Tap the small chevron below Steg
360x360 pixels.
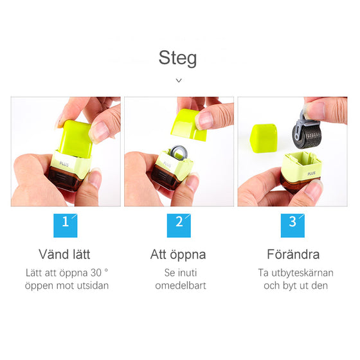pyautogui.click(x=179, y=80)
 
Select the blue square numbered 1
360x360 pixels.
pyautogui.click(x=65, y=222)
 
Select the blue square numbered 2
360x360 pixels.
pyautogui.click(x=179, y=222)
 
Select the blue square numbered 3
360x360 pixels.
pyautogui.click(x=292, y=222)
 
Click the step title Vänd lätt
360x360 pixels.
pyautogui.click(x=65, y=255)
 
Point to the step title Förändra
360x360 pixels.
pyautogui.click(x=293, y=255)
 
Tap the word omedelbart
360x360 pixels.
pyautogui.click(x=180, y=285)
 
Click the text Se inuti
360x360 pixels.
pyautogui.click(x=180, y=273)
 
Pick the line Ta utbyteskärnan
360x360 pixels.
pyautogui.click(x=295, y=273)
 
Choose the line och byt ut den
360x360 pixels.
pyautogui.click(x=295, y=285)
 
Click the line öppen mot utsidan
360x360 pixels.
pyautogui.click(x=66, y=285)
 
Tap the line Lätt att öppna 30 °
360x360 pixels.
pyautogui.click(x=66, y=273)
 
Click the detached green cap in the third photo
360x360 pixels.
pyautogui.click(x=264, y=136)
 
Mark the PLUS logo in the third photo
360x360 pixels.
pyautogui.click(x=311, y=173)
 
